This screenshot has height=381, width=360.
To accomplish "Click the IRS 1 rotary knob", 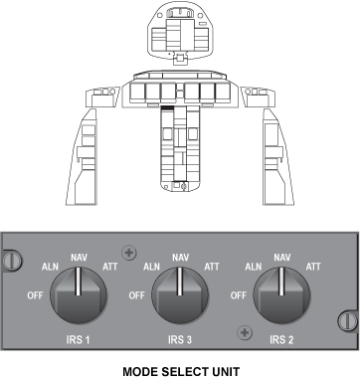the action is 79,295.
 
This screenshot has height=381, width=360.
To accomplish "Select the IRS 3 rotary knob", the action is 180,295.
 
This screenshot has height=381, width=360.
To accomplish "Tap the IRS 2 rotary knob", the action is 281,295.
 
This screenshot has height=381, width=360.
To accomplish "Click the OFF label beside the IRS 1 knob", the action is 35,295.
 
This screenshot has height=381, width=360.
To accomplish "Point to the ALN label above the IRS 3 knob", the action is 151,267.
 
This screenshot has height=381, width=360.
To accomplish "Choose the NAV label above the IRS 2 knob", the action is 282,258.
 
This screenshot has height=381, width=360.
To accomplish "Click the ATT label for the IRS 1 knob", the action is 109,267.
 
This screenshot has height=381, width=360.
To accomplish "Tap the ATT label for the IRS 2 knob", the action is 313,267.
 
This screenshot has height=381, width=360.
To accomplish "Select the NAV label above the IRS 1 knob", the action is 79,258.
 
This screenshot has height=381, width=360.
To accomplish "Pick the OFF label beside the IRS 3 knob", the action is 136,295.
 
